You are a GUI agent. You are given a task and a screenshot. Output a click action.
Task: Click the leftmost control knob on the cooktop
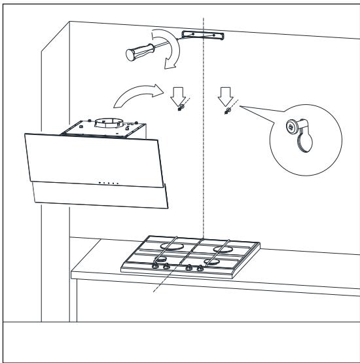pyautogui.click(x=156, y=265)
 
